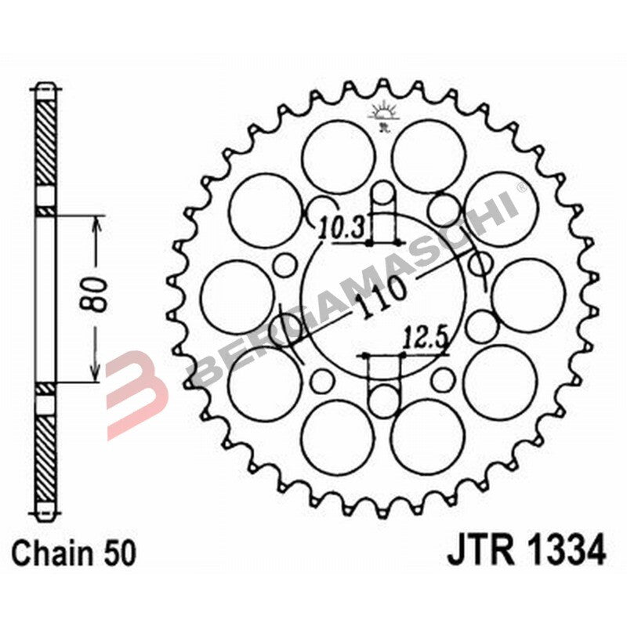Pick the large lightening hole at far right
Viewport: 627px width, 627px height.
coord(531,297)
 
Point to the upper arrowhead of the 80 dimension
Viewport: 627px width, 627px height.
coord(96,223)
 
